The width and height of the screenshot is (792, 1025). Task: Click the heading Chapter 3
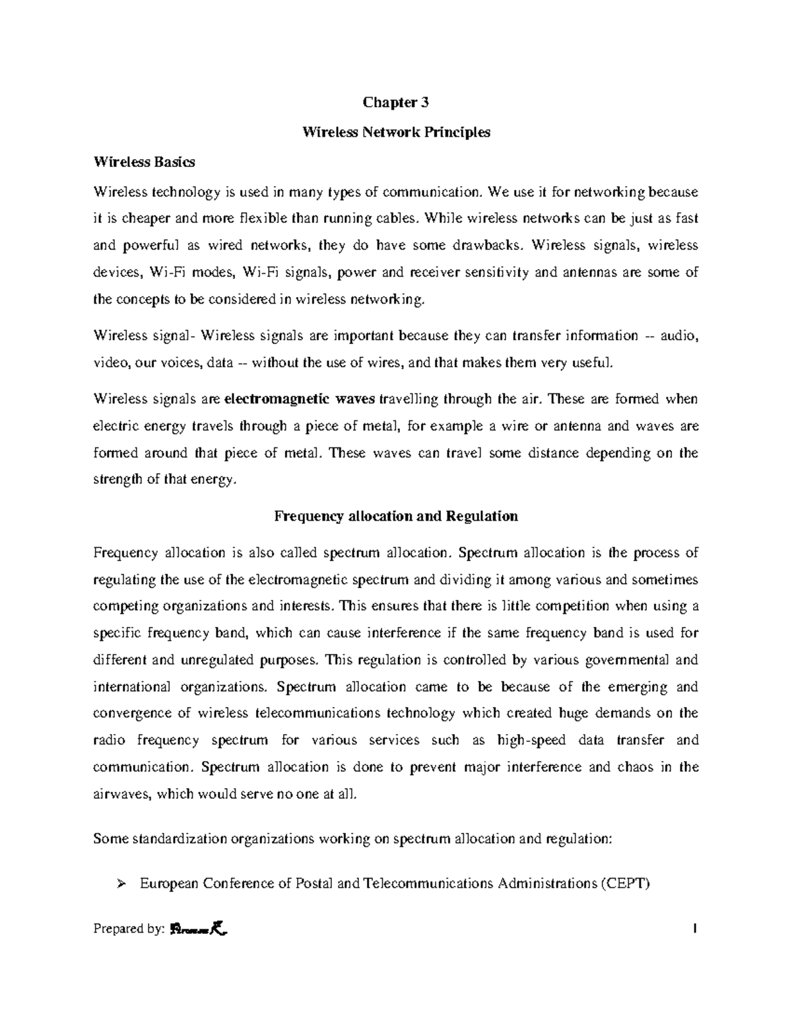(x=396, y=102)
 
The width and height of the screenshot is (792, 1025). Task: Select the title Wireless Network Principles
(x=396, y=132)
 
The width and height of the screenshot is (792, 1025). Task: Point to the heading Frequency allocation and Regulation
(x=396, y=516)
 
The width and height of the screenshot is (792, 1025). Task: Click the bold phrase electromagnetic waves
(x=300, y=399)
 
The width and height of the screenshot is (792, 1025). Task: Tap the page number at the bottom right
(x=695, y=929)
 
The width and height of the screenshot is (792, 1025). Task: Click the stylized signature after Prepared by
(x=199, y=929)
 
